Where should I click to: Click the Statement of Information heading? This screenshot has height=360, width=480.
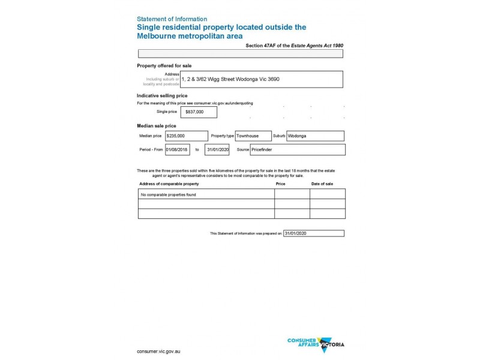(172, 19)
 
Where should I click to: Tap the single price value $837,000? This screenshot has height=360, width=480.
(199, 112)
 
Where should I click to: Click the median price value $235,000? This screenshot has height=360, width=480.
(186, 136)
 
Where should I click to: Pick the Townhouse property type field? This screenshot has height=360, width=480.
(253, 136)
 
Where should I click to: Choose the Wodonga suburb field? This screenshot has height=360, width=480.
(315, 136)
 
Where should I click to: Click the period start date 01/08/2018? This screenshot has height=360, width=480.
(177, 149)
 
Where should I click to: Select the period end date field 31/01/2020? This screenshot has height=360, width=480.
(217, 149)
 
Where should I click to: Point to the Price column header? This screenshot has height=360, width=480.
(280, 184)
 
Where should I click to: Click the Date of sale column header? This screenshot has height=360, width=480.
(322, 184)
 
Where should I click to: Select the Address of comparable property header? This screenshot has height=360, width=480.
(169, 184)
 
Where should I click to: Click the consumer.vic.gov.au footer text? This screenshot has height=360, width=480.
(159, 350)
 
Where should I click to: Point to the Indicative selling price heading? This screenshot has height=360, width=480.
(162, 95)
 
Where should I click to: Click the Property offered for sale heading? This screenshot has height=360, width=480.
(164, 65)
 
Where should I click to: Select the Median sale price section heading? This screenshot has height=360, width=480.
(157, 126)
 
